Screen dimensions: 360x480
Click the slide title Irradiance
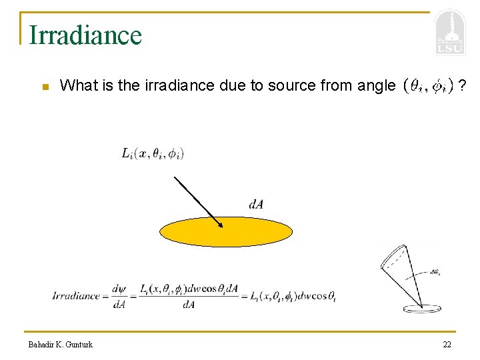[x=85, y=35]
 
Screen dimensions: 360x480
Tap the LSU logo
[x=450, y=33]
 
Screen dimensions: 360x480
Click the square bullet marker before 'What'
[x=45, y=87]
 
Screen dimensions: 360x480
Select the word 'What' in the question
[x=77, y=85]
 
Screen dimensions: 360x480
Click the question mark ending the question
[x=462, y=85]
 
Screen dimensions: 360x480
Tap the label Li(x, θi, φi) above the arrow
[x=153, y=153]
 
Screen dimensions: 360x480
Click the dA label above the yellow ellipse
[x=256, y=204]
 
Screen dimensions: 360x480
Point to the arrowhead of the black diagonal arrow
[x=220, y=225]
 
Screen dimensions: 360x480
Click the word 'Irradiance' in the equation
[x=76, y=296]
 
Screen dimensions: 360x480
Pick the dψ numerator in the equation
[x=119, y=289]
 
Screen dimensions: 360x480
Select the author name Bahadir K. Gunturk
[x=61, y=344]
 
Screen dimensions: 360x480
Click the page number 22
[x=447, y=344]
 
